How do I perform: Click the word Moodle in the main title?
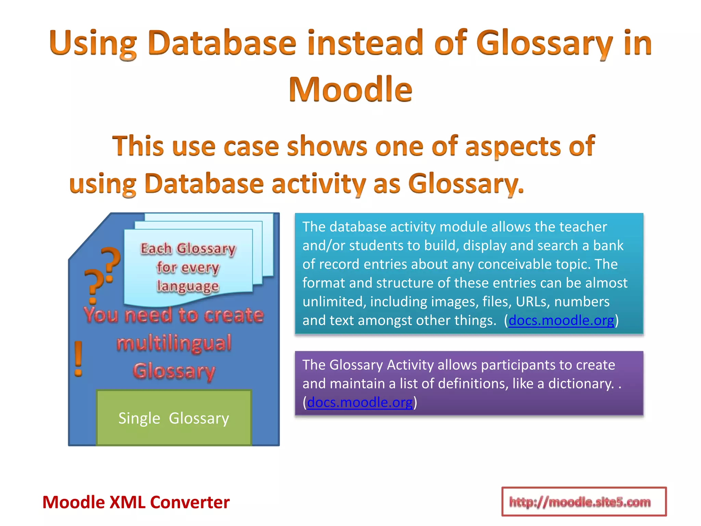[350, 90]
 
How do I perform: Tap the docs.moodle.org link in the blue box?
[561, 321]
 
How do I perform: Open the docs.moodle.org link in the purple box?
[360, 402]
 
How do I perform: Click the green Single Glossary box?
[174, 418]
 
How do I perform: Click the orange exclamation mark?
[79, 359]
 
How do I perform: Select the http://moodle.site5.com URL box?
[584, 502]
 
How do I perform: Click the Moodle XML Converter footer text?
[136, 502]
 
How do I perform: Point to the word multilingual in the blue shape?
[174, 343]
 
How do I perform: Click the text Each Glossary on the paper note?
[188, 249]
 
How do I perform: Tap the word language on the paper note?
[188, 286]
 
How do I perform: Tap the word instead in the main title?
[366, 43]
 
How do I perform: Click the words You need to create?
[174, 315]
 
